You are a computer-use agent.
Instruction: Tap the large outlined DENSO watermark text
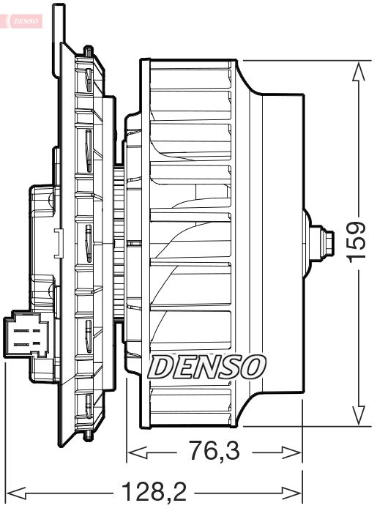[x=207, y=365]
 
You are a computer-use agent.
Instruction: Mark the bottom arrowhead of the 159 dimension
[x=358, y=416]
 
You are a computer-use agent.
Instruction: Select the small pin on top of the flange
[x=89, y=51]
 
